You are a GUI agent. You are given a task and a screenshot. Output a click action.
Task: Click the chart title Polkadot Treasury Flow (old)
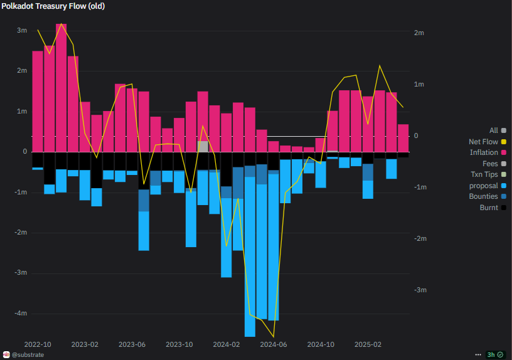pos(53,6)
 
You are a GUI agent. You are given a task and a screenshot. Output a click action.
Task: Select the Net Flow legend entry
pos(483,142)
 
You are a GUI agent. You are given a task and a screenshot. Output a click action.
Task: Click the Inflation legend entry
pos(484,152)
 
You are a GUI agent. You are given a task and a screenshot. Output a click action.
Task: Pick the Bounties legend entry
pos(483,196)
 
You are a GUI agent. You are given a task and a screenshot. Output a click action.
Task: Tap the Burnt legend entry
pos(489,208)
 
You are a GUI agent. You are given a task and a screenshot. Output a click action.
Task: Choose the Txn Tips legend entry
pos(484,174)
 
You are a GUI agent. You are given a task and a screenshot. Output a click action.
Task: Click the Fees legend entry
pos(490,164)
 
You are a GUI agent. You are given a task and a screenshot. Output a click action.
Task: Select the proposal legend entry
pos(483,186)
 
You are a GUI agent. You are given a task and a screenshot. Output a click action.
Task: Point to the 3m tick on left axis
pos(22,30)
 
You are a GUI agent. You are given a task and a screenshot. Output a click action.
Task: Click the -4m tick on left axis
pos(20,313)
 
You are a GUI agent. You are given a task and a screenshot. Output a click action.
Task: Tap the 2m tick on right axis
pos(419,33)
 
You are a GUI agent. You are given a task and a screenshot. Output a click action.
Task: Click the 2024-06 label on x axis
pos(273,344)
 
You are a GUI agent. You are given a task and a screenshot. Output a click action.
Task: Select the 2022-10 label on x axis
pos(38,344)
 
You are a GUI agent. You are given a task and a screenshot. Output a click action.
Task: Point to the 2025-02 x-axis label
pos(368,344)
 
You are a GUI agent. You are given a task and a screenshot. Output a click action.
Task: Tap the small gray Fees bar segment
pos(203,146)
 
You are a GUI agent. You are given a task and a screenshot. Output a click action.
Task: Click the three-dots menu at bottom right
pos(479,354)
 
